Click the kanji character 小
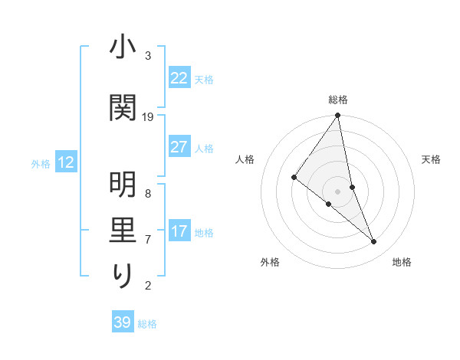[x=123, y=48]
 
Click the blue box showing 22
[x=179, y=78]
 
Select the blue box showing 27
[x=179, y=147]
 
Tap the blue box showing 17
[x=179, y=231]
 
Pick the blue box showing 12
[x=66, y=162]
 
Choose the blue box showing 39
[x=122, y=322]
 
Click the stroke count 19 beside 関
[x=148, y=116]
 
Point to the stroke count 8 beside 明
[x=148, y=193]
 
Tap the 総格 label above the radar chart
[x=338, y=100]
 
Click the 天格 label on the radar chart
[x=432, y=159]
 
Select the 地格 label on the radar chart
[x=402, y=262]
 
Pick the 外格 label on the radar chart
[x=269, y=262]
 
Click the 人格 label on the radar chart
[x=245, y=159]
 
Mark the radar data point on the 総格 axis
[x=338, y=116]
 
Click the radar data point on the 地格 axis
[x=374, y=242]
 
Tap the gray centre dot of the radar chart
[x=338, y=191]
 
